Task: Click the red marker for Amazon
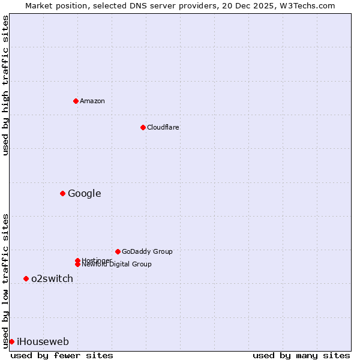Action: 76,101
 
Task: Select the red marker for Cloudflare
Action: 143,127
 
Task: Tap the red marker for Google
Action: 62,193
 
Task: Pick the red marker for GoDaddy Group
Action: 118,251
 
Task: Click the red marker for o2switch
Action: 26,278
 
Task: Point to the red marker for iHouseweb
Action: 11,341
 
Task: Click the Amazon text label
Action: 92,101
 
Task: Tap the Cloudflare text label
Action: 163,127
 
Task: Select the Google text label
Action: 84,193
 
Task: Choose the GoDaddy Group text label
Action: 147,251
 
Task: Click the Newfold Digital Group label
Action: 117,265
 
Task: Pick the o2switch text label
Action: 52,278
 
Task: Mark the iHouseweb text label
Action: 43,341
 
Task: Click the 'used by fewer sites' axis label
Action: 62,355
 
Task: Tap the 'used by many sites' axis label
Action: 301,355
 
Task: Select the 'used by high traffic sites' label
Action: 5,85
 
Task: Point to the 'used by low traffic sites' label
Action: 5,280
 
